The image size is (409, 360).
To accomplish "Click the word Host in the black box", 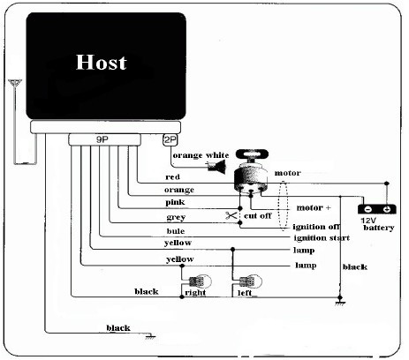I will click(101, 63).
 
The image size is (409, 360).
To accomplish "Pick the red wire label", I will click(172, 176).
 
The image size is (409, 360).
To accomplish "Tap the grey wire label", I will click(176, 216).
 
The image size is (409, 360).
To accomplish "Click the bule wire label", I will click(175, 230).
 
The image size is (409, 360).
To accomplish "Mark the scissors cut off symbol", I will click(231, 215).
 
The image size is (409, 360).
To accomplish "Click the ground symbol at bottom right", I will click(340, 303).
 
